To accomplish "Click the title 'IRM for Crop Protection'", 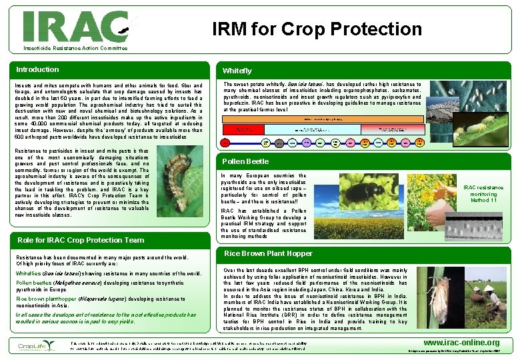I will point(317,29).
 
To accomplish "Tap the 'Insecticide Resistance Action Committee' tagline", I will point(75,49).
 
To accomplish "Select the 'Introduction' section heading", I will point(37,69).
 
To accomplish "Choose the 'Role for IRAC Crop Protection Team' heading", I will point(81,240).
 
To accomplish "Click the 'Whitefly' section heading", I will point(237,71).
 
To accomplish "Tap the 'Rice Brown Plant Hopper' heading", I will point(268,253).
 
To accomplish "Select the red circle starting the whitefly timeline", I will point(226,142).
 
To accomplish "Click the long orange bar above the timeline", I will point(323,118).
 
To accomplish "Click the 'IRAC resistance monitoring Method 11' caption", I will point(483,194).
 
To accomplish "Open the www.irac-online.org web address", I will point(466,343).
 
